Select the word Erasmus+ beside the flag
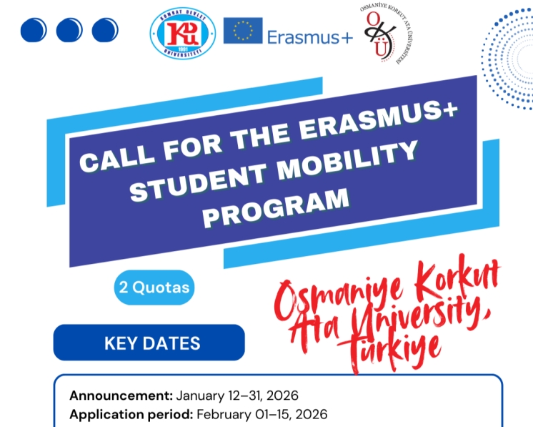[x=310, y=36]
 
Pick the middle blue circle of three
[x=69, y=29]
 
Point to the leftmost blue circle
[x=34, y=29]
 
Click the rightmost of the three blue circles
[x=105, y=29]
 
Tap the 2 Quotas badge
[x=154, y=288]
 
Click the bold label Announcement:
[x=121, y=396]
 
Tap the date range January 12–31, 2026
[x=236, y=396]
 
